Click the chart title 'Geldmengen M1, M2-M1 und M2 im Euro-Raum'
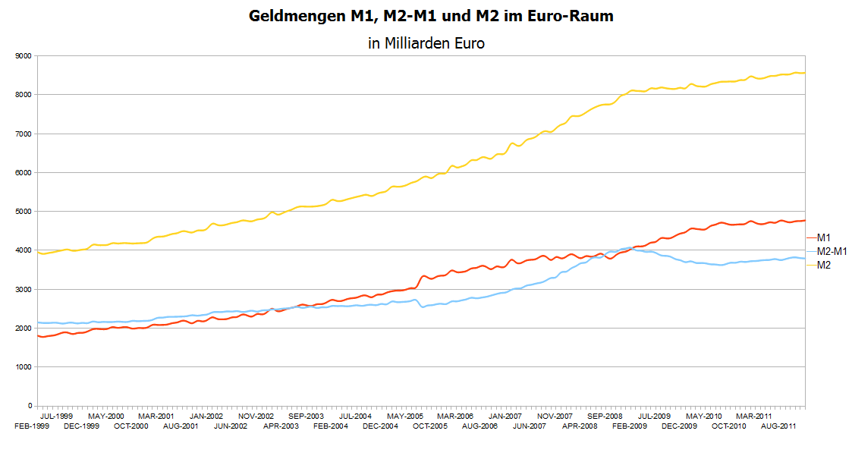click(431, 16)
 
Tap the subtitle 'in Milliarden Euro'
click(426, 43)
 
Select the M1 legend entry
click(824, 237)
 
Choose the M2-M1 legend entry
click(832, 251)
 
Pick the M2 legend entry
click(824, 265)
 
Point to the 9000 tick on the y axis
click(23, 56)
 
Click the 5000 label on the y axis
click(23, 212)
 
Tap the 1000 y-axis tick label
click(23, 367)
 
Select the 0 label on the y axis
click(29, 406)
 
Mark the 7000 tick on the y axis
click(23, 134)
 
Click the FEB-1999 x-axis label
click(31, 426)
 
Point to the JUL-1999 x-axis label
click(56, 417)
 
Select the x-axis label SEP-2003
click(306, 417)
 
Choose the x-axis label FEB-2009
click(630, 426)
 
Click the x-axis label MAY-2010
click(704, 417)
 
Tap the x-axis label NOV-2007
click(555, 417)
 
